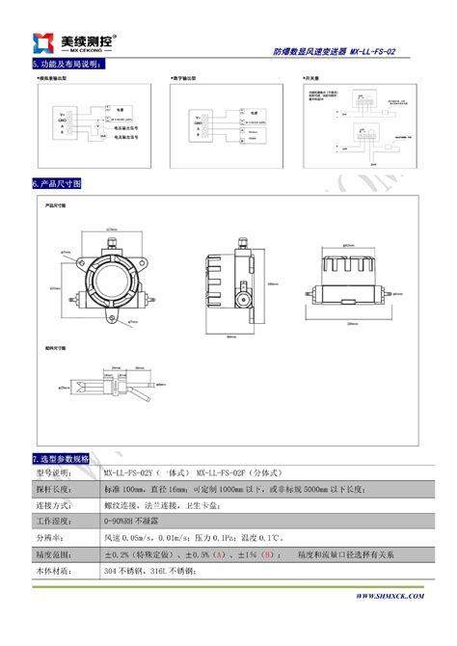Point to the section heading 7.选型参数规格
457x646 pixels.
click(61, 458)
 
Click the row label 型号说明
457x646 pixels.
click(54, 473)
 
